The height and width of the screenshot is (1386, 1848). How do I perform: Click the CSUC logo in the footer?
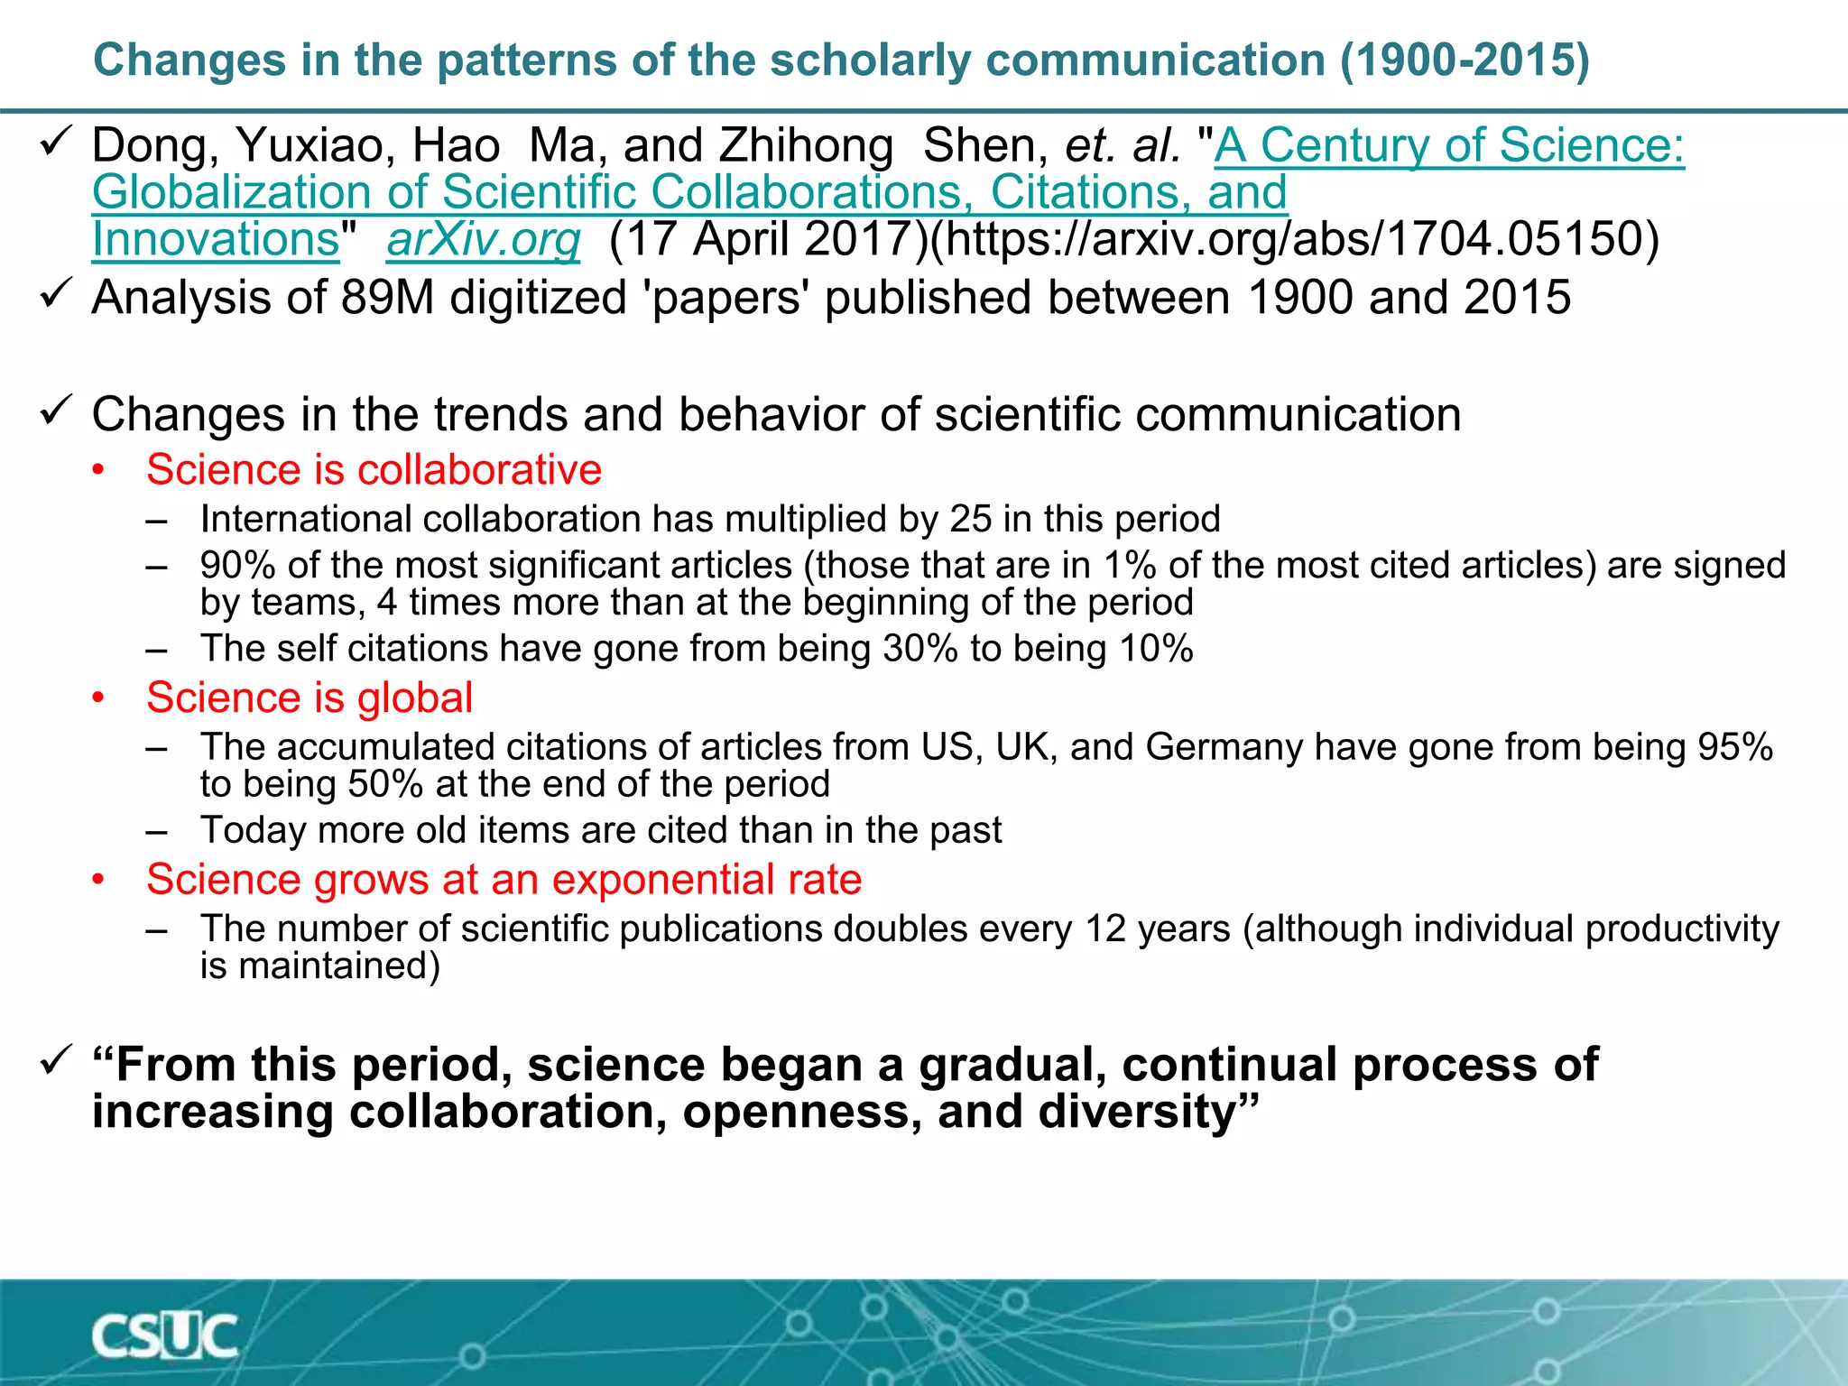[x=164, y=1336]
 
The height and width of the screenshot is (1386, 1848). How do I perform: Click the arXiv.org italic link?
[x=484, y=240]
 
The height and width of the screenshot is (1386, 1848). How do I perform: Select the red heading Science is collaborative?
[x=374, y=470]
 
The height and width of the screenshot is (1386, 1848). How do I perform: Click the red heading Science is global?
[x=310, y=698]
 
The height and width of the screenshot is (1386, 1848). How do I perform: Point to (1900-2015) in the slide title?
[x=1464, y=60]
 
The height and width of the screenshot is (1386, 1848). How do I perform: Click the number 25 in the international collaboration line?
[x=970, y=520]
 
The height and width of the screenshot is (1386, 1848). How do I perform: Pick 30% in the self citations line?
[x=920, y=650]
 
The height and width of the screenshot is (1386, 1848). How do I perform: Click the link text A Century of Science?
[x=1449, y=146]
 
